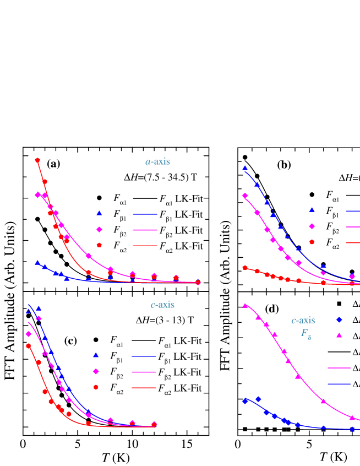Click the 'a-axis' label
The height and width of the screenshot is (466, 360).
coord(157,162)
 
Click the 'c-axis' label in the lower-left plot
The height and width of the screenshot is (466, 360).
coord(162,305)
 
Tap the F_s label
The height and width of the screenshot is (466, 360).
coord(306,334)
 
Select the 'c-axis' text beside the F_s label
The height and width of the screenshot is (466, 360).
coord(303,321)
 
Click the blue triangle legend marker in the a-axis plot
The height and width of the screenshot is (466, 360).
coord(99,213)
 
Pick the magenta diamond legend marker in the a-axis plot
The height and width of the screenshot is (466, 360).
coord(99,229)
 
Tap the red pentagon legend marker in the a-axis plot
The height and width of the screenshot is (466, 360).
coord(99,245)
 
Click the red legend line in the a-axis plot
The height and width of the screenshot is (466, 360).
coord(145,246)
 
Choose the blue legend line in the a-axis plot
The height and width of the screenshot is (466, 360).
coord(145,214)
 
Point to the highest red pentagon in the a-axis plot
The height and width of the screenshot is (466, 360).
coord(37,160)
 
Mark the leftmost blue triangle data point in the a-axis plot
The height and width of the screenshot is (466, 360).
coord(37,263)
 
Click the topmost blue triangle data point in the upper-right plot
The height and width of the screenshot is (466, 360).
coord(245,168)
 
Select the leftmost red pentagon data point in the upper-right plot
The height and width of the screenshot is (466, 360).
coord(245,268)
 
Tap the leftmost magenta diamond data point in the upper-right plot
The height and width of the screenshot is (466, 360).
coord(245,196)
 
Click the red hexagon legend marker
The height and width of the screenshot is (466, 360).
coord(96,387)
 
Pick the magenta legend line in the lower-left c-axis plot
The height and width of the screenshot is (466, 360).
coord(144,372)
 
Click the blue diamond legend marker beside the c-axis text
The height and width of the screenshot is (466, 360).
coord(339,319)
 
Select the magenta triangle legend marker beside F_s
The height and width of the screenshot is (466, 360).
coord(339,335)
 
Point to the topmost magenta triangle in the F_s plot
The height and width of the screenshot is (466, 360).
coord(245,305)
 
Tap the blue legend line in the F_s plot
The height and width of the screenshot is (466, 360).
coord(339,383)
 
